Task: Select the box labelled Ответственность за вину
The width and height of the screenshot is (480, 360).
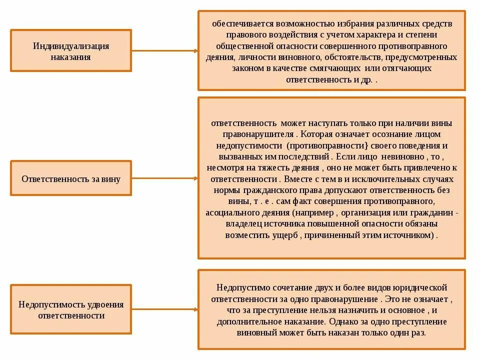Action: click(x=71, y=178)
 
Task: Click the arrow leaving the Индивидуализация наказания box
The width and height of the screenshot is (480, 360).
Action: click(x=165, y=50)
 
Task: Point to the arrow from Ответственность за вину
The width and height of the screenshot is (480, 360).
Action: click(x=165, y=178)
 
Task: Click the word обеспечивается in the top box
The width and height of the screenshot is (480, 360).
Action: click(x=239, y=23)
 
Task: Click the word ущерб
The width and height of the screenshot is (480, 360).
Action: click(x=286, y=234)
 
